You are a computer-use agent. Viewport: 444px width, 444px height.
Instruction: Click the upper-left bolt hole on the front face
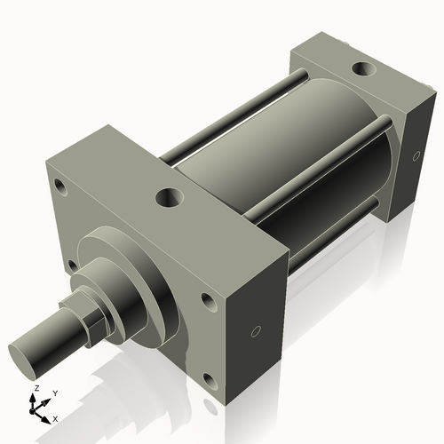(60, 187)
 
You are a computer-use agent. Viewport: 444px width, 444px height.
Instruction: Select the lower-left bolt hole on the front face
(70, 265)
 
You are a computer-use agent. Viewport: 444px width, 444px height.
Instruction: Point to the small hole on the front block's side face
(257, 332)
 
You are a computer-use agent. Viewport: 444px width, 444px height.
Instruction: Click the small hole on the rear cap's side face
(415, 157)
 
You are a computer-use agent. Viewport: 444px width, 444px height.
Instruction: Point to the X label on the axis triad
(55, 417)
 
